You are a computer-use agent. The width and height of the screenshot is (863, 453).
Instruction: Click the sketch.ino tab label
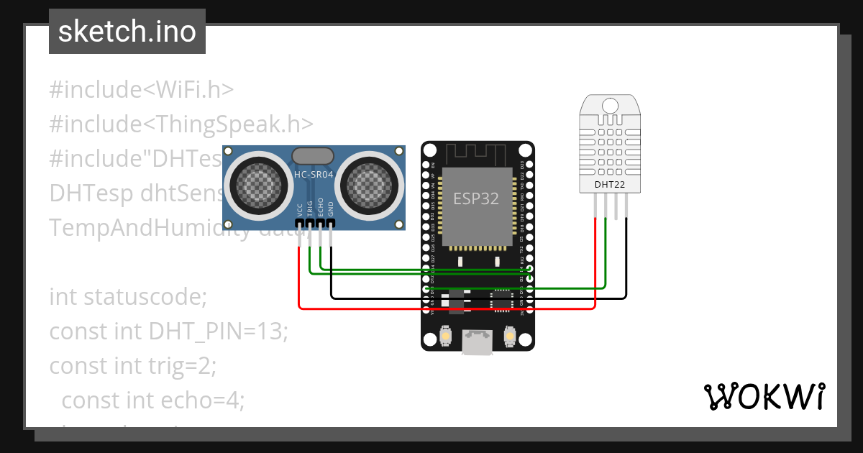(127, 32)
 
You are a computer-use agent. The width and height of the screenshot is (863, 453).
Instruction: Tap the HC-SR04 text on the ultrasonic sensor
(313, 175)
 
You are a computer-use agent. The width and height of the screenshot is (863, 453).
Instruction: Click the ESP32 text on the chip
(475, 198)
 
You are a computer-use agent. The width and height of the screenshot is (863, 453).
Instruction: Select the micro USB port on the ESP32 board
(478, 342)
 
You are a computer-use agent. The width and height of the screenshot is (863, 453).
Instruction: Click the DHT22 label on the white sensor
(610, 186)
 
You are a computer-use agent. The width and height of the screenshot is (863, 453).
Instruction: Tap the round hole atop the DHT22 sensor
(611, 105)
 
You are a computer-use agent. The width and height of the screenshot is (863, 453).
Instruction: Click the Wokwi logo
(763, 396)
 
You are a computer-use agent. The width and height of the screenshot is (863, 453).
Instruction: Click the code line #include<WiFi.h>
(142, 90)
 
